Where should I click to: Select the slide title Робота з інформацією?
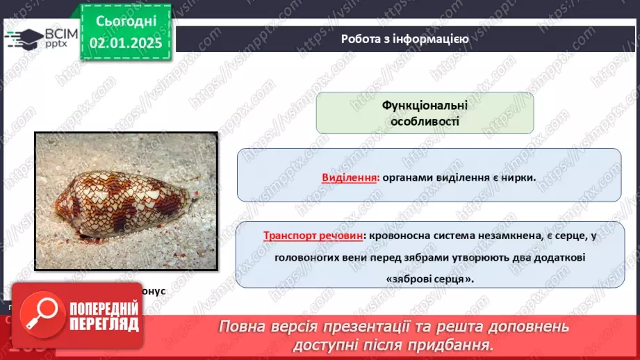point(404,39)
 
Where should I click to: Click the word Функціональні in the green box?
point(425,105)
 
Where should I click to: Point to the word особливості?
point(425,121)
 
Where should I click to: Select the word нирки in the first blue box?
point(518,177)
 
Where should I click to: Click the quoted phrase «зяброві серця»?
point(425,278)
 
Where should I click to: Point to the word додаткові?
point(559,257)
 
